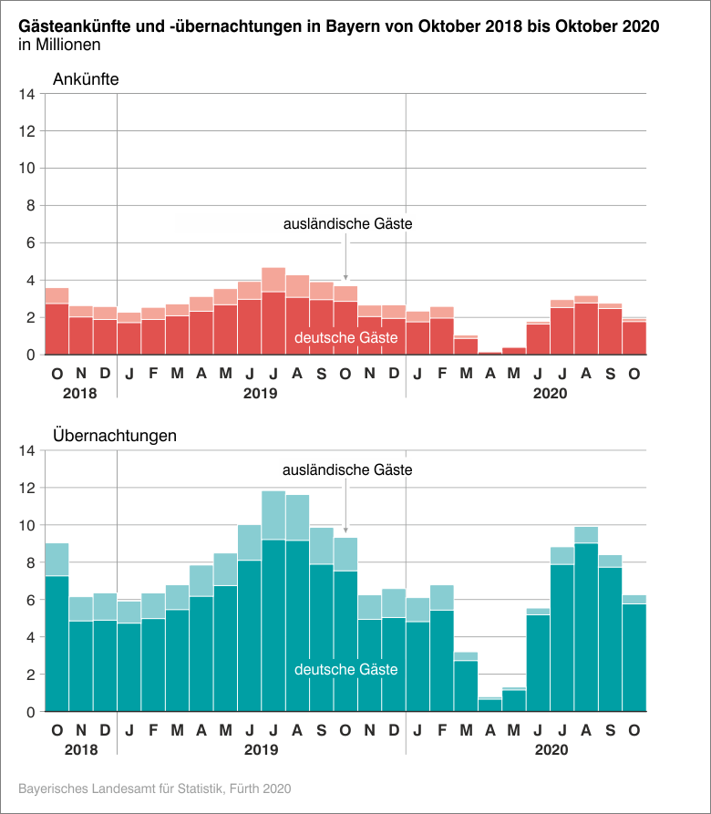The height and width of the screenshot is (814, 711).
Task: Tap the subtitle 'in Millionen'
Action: tap(59, 44)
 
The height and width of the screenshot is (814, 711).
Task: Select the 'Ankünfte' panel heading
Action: tap(86, 78)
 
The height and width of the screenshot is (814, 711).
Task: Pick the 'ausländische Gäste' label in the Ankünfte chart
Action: tap(348, 223)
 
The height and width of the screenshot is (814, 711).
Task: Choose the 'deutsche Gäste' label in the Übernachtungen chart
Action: tap(346, 670)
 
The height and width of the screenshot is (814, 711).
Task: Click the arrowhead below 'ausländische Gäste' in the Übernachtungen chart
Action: tap(346, 530)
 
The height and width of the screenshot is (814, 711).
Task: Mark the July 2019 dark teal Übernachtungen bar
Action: tap(273, 629)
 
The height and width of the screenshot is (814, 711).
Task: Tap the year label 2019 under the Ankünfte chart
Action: tap(262, 394)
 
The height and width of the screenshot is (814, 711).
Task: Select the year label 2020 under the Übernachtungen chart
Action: tap(550, 750)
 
